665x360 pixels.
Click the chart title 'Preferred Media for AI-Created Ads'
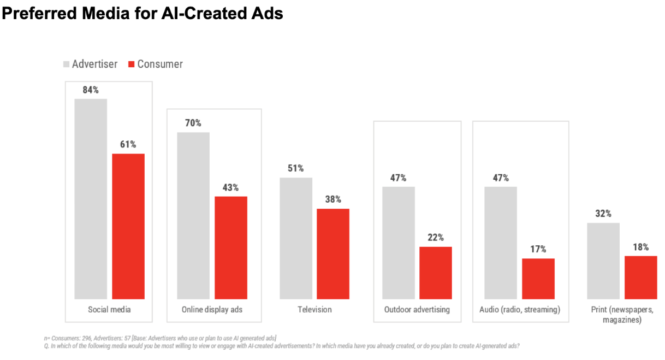(142, 13)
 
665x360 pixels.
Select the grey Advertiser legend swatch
(66, 64)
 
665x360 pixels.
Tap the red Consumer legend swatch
(131, 64)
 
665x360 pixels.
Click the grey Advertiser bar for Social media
(91, 199)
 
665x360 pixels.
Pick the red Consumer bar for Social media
(128, 226)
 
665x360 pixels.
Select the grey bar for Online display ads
(193, 215)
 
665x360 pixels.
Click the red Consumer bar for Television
(333, 253)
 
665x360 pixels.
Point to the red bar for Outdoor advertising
(436, 273)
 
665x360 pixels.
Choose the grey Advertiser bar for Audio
(501, 243)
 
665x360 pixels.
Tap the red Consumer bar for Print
(641, 277)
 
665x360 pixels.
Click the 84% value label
(91, 90)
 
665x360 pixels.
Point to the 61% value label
(128, 145)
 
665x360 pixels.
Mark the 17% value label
(538, 250)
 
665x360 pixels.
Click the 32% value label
(603, 214)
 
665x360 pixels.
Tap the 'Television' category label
(314, 310)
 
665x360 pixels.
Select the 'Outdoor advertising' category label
(417, 310)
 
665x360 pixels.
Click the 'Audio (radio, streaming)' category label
(520, 310)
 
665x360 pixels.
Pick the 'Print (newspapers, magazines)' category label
(622, 315)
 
